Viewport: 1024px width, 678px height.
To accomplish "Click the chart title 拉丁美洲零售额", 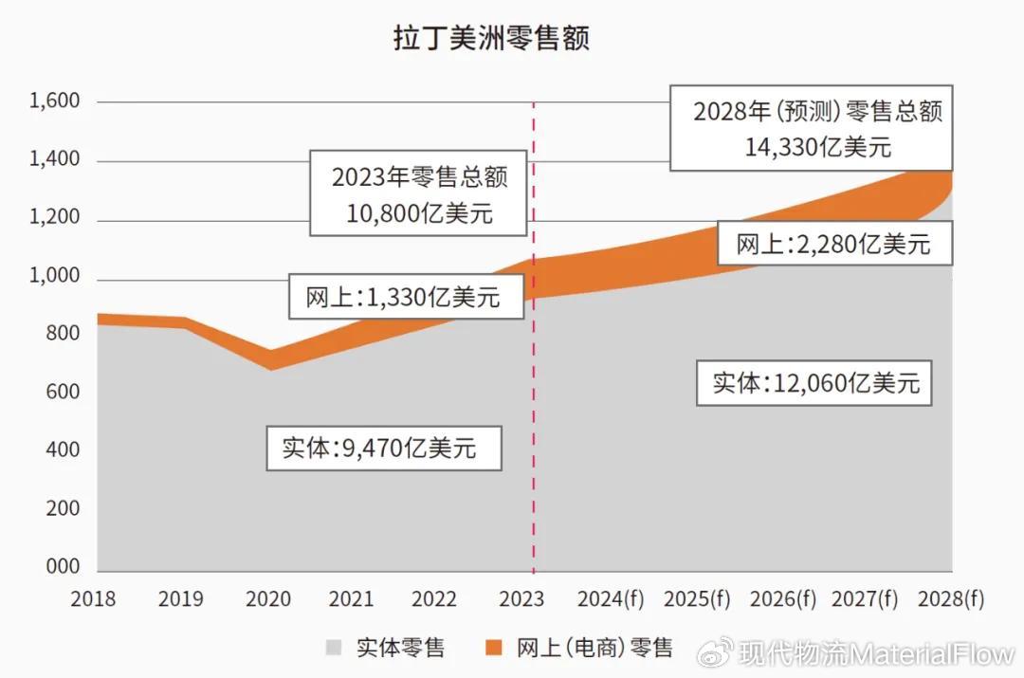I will (492, 39).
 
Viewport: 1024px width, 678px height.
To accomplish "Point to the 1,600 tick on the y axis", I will (55, 101).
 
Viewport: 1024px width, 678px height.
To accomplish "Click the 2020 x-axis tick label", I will (268, 599).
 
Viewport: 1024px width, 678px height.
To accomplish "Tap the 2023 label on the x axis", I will (521, 599).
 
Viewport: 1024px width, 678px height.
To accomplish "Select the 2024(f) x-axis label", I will (611, 599).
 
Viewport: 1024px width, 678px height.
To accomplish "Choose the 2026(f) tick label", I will (782, 599).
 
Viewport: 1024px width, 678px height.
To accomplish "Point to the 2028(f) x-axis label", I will (952, 599).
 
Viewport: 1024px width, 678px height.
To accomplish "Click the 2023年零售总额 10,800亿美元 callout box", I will (419, 193).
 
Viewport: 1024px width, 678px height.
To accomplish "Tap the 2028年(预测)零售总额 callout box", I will (811, 128).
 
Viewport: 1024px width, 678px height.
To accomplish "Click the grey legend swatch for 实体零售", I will (334, 649).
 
